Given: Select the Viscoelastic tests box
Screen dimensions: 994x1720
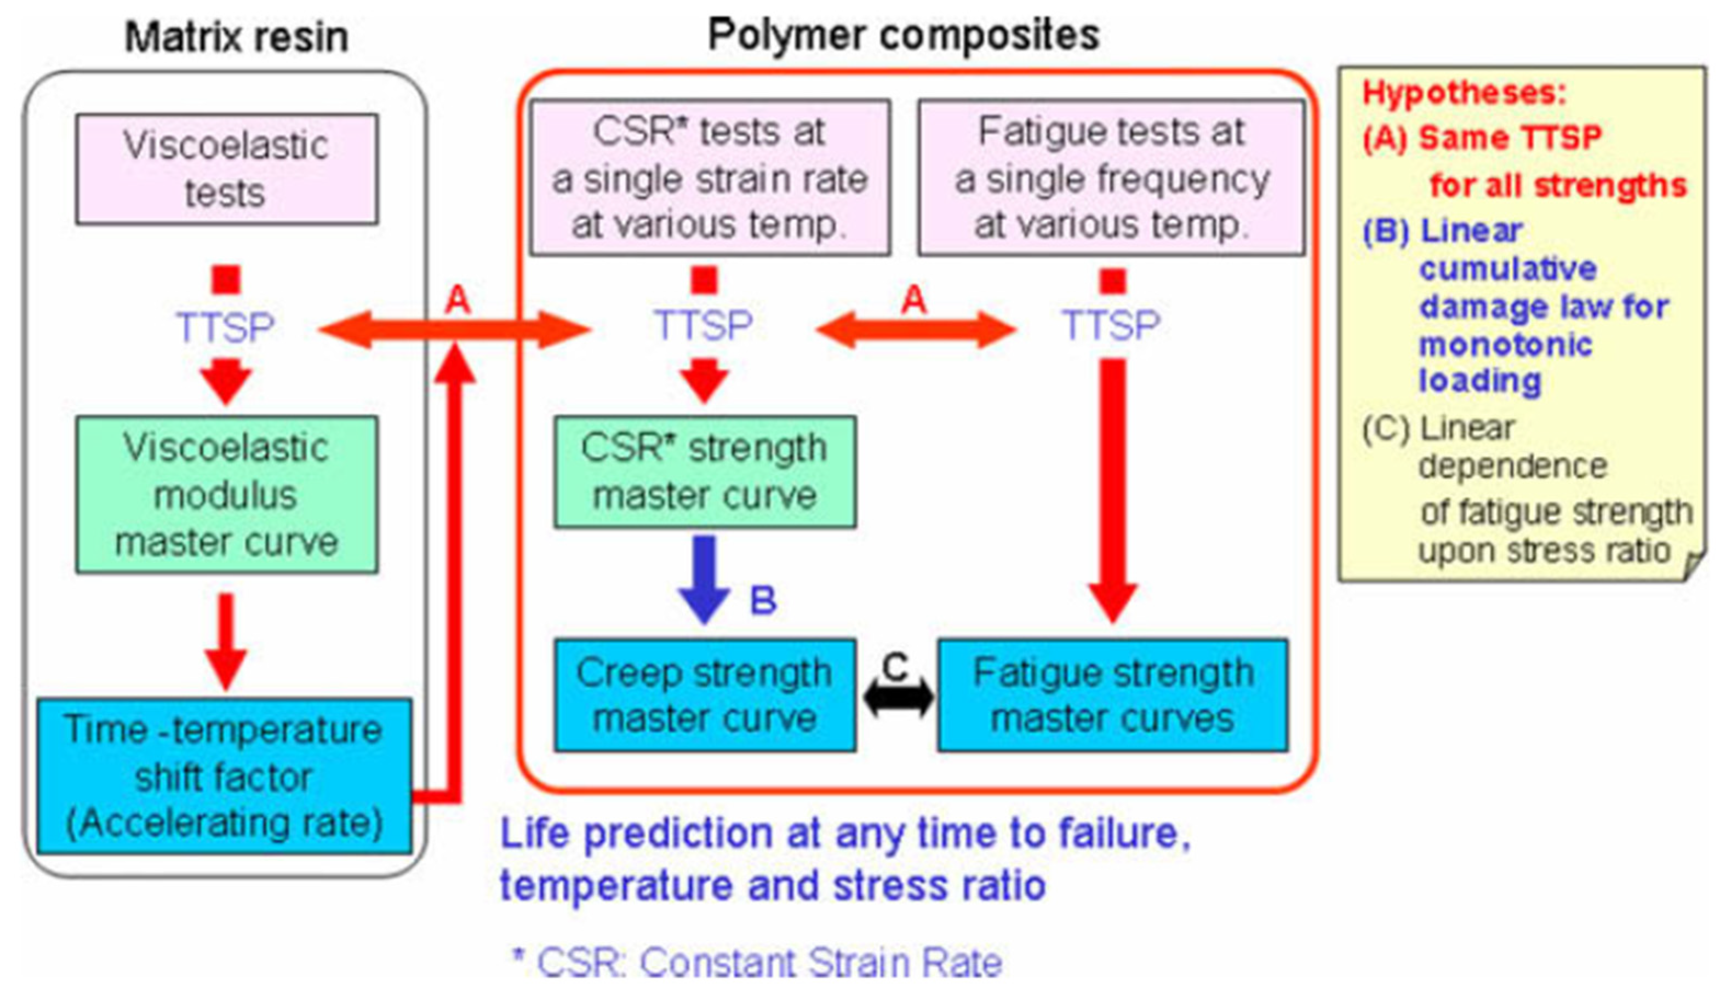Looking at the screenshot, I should pos(227,169).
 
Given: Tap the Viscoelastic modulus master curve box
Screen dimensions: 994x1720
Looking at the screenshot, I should pos(227,494).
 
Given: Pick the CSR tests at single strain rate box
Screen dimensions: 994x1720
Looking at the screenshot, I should pos(710,177).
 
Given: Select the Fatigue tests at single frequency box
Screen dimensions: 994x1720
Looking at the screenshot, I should pos(1111,177).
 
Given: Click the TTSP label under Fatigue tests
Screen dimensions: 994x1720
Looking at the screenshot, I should pos(1111,325).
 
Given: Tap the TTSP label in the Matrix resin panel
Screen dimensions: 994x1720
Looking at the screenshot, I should pos(226,327).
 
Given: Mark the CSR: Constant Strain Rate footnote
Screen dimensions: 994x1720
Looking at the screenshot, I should pos(758,962).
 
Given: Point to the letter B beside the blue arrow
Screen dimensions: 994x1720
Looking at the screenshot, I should pos(763,601).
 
